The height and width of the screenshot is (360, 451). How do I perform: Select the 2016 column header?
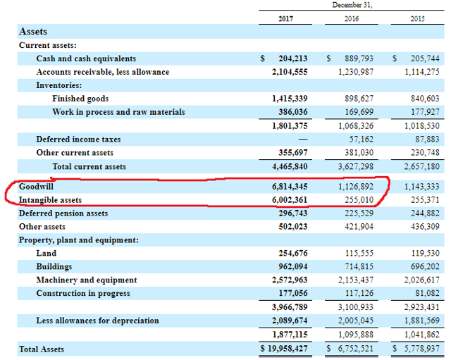click(x=351, y=19)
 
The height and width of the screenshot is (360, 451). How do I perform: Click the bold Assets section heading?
click(x=33, y=32)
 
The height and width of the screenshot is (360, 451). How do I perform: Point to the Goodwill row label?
click(x=37, y=187)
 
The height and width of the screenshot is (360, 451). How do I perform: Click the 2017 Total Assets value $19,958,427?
click(x=282, y=349)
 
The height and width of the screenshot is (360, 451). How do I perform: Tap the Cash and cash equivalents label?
click(x=86, y=58)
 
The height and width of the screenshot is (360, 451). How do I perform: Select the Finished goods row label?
click(x=80, y=99)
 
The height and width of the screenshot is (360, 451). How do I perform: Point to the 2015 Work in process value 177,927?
click(x=424, y=112)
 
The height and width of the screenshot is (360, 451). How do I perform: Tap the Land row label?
click(x=46, y=254)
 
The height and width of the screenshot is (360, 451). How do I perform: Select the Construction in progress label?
click(x=82, y=294)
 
